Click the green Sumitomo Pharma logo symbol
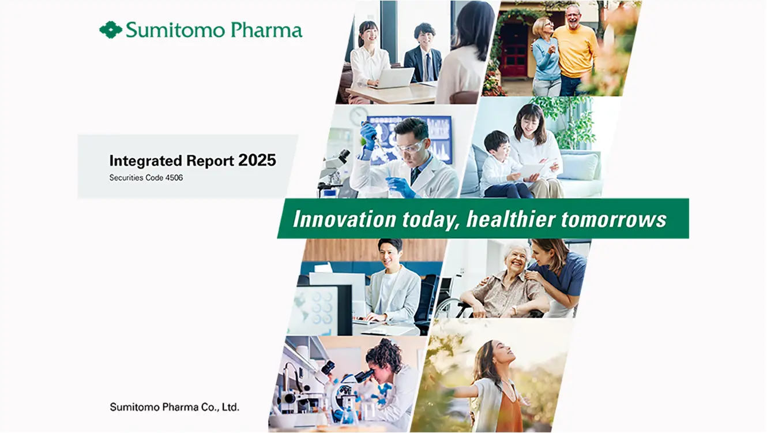(x=111, y=29)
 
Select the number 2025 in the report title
(x=257, y=160)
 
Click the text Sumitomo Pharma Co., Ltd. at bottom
(x=174, y=407)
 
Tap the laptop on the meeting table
(x=395, y=78)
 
